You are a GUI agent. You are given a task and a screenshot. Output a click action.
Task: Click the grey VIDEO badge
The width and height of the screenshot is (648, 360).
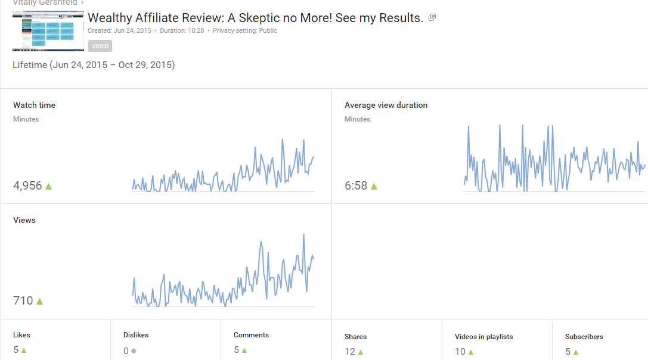click(100, 46)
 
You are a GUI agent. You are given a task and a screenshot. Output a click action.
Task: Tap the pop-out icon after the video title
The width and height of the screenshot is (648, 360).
click(432, 18)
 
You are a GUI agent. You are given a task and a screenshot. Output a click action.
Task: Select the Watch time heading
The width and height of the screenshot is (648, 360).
click(34, 105)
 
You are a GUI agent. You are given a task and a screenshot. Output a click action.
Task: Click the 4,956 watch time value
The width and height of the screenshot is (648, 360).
click(27, 185)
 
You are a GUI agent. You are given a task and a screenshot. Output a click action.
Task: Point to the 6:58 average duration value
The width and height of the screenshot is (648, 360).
click(355, 186)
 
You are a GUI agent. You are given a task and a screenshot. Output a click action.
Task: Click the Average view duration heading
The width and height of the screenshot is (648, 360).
click(386, 105)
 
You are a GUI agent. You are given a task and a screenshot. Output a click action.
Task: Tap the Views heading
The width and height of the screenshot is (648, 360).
click(24, 220)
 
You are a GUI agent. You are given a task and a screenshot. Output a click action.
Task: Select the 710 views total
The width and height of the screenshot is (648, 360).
click(23, 301)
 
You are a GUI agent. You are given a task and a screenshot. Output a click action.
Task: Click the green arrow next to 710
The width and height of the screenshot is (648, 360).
click(40, 302)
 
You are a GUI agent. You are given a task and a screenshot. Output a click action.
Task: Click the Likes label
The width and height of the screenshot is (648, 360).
click(21, 335)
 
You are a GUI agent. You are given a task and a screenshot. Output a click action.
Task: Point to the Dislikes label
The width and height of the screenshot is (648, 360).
click(137, 335)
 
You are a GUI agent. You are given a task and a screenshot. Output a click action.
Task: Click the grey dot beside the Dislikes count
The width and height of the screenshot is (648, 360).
click(134, 351)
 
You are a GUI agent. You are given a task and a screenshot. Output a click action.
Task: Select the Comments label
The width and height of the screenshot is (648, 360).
click(251, 335)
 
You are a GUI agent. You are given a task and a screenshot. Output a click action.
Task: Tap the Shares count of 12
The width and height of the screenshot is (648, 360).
click(350, 352)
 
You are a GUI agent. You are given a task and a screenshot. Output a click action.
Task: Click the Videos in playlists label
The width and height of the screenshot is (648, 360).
click(483, 337)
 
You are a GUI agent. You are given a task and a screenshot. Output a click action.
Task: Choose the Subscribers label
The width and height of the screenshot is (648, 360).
click(584, 337)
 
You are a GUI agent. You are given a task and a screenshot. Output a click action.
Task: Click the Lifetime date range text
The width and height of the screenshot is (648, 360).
click(94, 65)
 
